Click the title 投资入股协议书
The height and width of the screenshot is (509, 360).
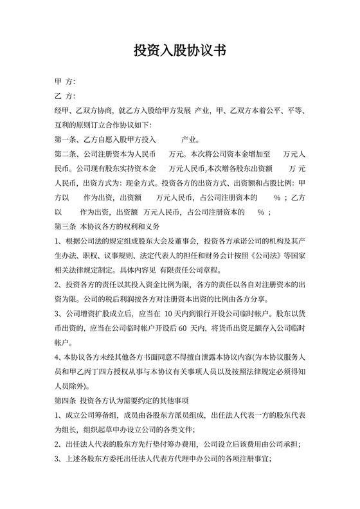click(x=179, y=51)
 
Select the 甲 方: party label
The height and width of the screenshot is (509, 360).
click(x=65, y=82)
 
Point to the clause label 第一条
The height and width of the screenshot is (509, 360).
click(x=66, y=139)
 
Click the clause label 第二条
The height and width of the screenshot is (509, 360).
click(x=66, y=154)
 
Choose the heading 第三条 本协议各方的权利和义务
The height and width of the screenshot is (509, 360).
click(x=107, y=227)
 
